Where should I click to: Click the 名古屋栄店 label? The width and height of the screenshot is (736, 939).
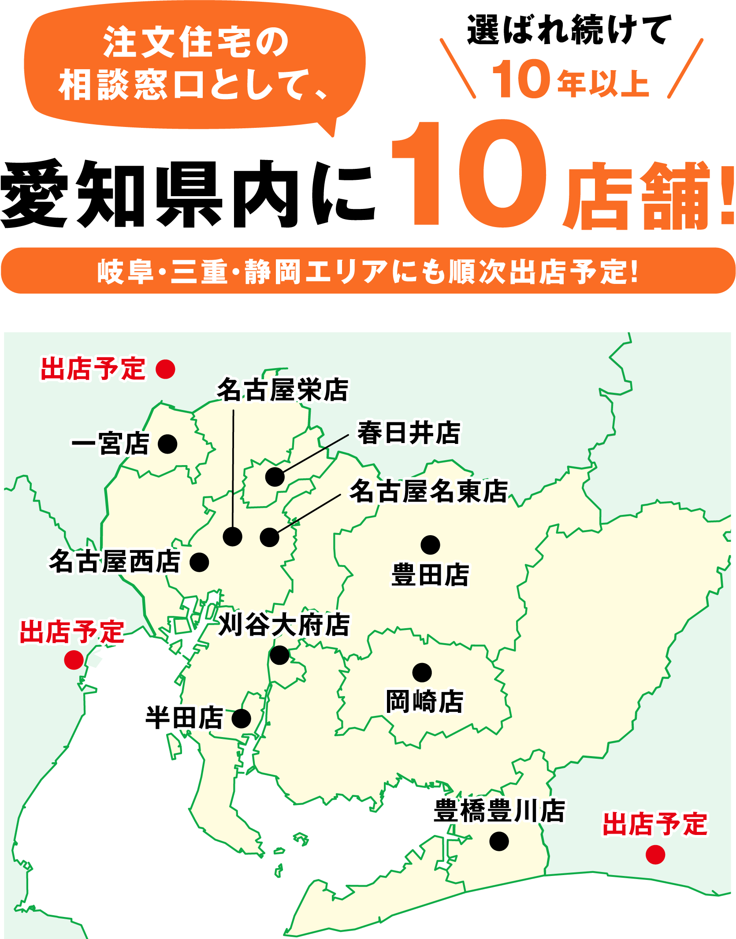tap(283, 390)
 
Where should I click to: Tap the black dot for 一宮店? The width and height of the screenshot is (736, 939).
tap(167, 444)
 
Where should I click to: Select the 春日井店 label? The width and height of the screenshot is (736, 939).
tap(409, 433)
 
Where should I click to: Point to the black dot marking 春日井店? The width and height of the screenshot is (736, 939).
tap(275, 477)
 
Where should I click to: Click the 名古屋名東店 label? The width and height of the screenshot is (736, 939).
tap(429, 491)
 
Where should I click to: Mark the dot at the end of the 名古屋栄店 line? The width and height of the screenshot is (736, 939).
tap(232, 537)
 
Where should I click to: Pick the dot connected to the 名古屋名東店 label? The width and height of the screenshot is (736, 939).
tap(269, 537)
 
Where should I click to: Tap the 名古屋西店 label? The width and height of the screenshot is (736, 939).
tap(115, 562)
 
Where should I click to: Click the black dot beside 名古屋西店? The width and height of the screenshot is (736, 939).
tap(199, 563)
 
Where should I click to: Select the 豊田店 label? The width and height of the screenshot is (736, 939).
tap(430, 575)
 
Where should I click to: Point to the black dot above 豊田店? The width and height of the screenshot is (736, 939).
tap(430, 545)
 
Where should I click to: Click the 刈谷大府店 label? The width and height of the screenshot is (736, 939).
tap(284, 625)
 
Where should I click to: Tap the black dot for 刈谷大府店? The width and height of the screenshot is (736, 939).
tap(279, 655)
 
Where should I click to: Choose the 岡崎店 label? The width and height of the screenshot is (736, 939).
tap(424, 701)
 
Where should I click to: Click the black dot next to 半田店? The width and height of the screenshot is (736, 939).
tap(242, 719)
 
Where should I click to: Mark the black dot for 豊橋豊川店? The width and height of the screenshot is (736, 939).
tap(499, 841)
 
